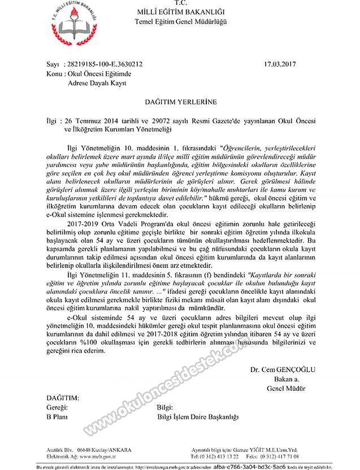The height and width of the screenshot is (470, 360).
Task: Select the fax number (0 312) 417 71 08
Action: point(294,455)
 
